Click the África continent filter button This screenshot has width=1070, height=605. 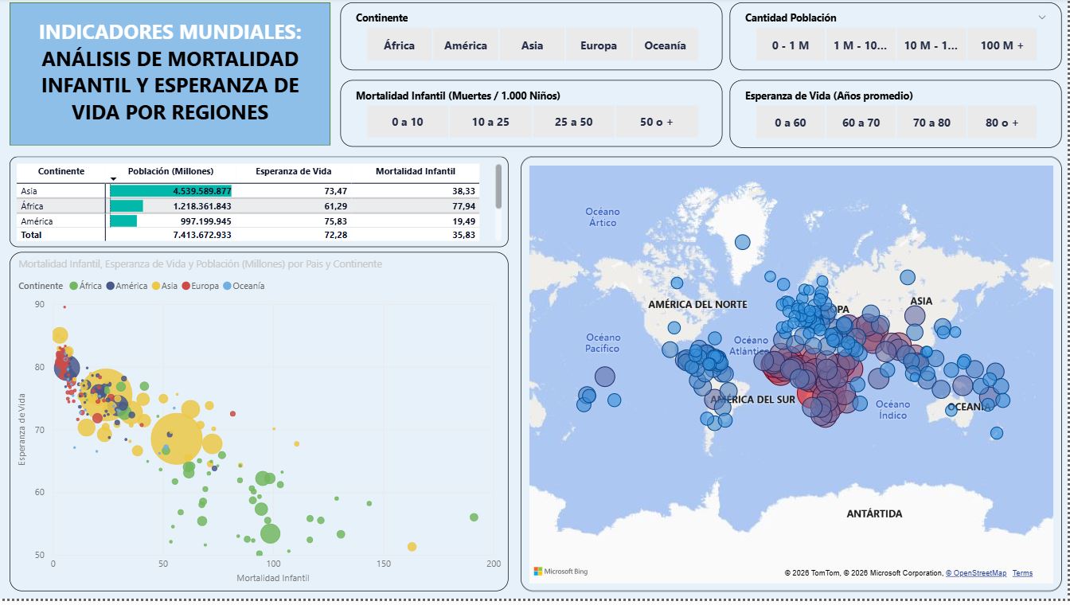399,45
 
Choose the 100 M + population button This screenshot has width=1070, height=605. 1002,45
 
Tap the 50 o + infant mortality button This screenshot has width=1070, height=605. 656,122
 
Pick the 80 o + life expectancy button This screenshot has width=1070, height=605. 1002,123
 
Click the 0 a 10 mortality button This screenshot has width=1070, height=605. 408,122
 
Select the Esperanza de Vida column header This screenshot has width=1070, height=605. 294,171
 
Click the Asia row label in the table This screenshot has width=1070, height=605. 29,191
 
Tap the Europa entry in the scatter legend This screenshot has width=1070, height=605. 205,286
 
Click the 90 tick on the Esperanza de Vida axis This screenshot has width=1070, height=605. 40,304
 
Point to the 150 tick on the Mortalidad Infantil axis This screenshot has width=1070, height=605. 384,564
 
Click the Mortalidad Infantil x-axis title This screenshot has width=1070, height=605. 273,578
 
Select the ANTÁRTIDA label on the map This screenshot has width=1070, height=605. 874,513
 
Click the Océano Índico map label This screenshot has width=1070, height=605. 892,409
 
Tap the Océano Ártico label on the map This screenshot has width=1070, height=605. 603,217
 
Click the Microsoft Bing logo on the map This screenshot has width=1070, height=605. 560,572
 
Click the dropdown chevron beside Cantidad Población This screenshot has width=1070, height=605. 1042,18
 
